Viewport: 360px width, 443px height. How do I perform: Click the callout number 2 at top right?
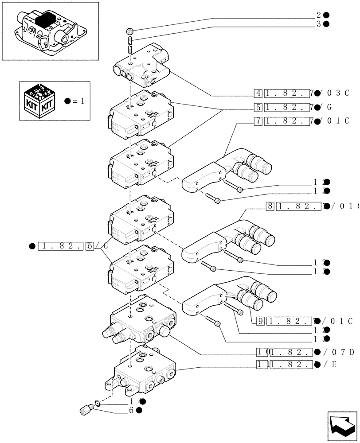[318, 15]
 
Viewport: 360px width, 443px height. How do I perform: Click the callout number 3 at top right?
[318, 24]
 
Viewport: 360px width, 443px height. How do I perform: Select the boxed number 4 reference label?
[258, 93]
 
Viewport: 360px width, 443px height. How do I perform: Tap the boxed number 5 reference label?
[258, 107]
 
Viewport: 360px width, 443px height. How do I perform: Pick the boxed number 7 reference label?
[258, 120]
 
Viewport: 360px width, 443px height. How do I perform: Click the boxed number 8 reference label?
[270, 206]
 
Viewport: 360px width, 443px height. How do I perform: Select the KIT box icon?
[40, 101]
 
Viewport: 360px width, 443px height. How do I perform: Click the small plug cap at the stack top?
[130, 31]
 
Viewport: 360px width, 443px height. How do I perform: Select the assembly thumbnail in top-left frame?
[50, 31]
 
